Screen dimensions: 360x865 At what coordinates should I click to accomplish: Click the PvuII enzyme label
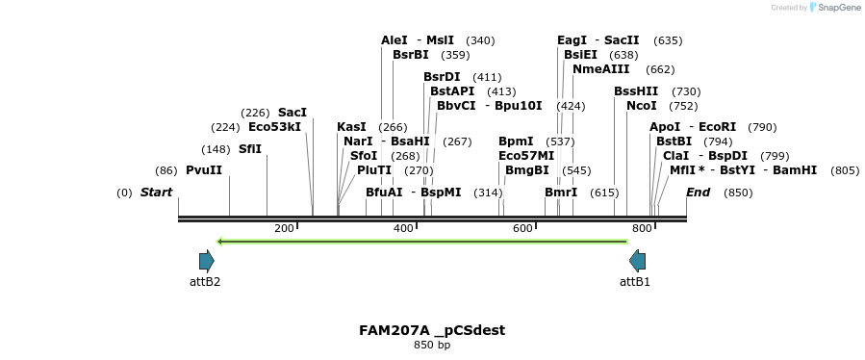204,170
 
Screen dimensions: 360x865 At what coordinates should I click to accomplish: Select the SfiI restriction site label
250,149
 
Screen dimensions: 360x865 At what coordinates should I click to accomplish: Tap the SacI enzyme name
293,113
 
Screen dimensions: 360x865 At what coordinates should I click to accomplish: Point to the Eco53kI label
274,127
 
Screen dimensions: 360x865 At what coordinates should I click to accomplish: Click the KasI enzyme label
351,127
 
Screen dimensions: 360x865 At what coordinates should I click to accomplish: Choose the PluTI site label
374,170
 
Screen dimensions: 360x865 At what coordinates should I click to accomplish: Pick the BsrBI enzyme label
411,55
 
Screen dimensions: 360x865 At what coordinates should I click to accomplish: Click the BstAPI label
452,91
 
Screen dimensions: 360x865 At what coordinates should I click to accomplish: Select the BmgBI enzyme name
527,170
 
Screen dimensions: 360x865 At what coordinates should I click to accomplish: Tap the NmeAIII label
601,69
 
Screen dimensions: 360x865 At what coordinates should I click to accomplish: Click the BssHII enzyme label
636,91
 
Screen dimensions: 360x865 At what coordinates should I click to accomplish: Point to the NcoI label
642,106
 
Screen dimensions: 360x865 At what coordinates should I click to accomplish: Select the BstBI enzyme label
674,141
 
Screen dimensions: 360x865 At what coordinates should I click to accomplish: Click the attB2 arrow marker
206,261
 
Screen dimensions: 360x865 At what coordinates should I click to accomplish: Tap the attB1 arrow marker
637,261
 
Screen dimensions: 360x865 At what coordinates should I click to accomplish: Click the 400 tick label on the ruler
403,228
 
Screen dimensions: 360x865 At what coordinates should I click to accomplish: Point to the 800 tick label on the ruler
642,228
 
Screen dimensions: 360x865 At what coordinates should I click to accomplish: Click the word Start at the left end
156,193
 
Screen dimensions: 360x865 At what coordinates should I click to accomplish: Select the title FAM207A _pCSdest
432,330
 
